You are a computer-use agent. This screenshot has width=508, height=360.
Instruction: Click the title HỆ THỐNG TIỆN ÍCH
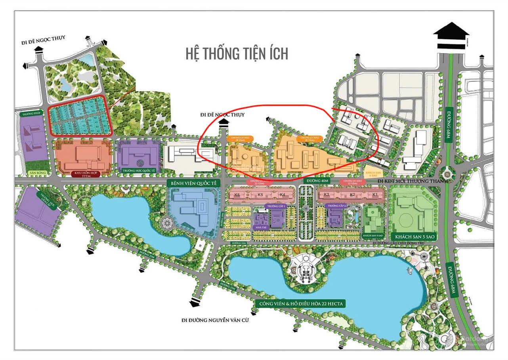tap(237, 53)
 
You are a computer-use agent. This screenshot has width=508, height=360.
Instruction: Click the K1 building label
tap(375, 195)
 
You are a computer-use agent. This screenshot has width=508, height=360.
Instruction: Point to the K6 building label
tap(237, 195)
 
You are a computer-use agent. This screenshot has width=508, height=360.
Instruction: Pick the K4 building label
tap(283, 195)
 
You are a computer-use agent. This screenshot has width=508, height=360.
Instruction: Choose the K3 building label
tap(327, 195)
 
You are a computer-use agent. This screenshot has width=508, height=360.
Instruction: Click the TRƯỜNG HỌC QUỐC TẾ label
tap(139, 170)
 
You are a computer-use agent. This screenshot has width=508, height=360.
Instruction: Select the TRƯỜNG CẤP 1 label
tap(276, 206)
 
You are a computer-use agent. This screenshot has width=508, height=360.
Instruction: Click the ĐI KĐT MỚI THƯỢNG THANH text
tap(412, 181)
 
